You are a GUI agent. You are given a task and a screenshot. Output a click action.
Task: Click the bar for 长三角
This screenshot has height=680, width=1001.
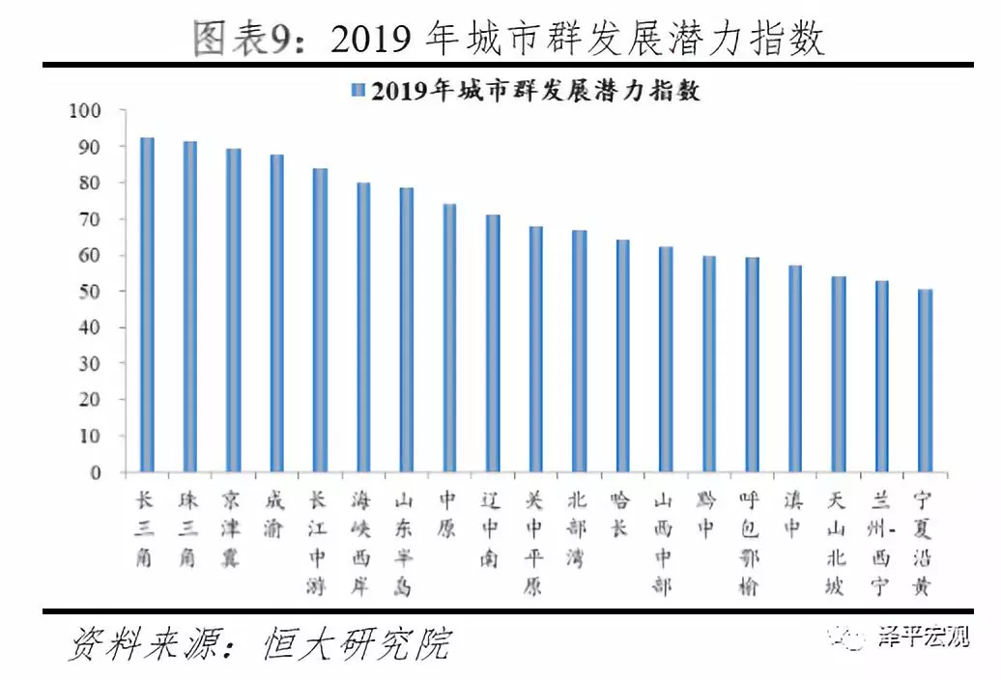[147, 305]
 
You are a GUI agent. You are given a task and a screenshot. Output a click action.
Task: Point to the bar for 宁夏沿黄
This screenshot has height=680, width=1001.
[925, 381]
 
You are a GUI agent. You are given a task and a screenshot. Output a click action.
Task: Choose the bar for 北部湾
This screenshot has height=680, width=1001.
[580, 352]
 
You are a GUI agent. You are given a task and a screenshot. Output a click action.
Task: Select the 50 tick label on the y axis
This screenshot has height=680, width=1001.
[90, 292]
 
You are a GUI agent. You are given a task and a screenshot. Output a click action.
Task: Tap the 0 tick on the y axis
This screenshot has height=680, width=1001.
[96, 473]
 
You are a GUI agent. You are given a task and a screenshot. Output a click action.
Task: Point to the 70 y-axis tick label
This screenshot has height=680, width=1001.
[90, 219]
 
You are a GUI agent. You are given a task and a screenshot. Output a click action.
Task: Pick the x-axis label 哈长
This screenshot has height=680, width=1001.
[621, 515]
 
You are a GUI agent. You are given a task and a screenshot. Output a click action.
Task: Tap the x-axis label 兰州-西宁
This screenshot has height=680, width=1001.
[881, 543]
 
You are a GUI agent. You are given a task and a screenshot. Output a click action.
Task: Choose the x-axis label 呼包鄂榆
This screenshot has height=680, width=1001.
[750, 543]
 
